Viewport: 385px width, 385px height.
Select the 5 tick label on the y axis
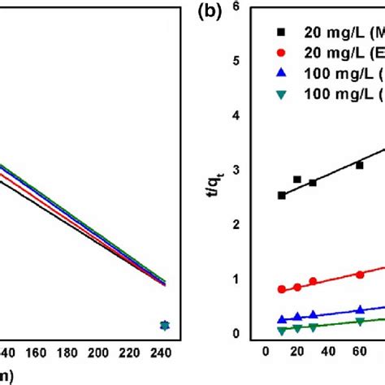pos(258,61)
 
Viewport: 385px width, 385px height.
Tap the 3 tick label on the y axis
pos(258,171)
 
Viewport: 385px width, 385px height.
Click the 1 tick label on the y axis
pos(258,279)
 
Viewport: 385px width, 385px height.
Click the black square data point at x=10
pos(281,195)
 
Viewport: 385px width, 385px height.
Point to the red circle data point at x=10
pos(281,289)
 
